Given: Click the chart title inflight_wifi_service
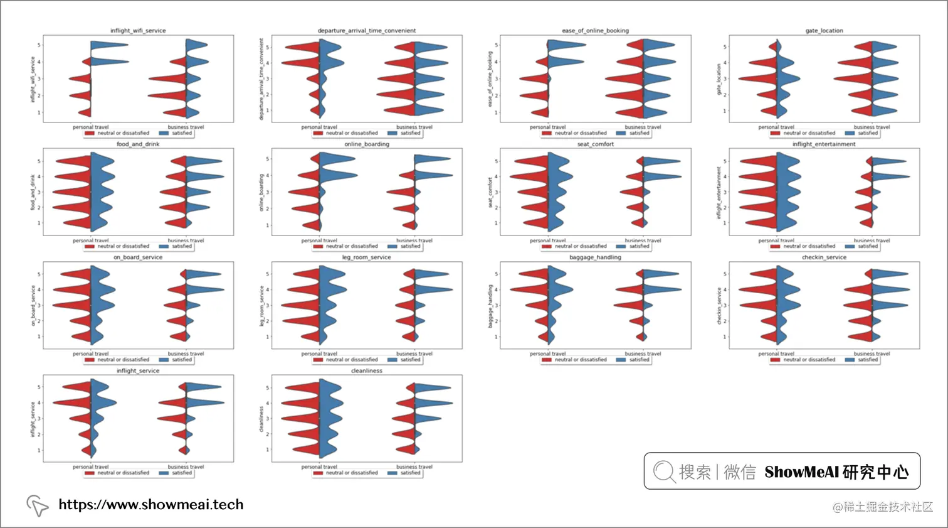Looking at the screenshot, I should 138,30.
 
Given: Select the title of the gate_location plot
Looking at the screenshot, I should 824,30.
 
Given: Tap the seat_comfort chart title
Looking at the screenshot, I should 595,144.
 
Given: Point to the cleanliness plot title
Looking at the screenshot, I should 367,370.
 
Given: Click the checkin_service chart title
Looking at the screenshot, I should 824,257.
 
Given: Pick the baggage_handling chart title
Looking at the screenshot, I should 595,257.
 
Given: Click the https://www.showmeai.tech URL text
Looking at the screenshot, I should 150,504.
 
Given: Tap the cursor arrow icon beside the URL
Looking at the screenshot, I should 37,505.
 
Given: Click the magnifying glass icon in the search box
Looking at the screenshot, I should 663,471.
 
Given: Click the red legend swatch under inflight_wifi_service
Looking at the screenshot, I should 90,133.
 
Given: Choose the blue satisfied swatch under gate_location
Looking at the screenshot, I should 850,133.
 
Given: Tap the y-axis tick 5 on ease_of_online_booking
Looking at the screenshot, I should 497,45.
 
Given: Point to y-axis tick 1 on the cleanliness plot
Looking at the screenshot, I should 268,450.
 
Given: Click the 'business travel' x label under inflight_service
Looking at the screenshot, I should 186,466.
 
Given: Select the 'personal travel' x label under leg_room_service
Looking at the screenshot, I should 319,353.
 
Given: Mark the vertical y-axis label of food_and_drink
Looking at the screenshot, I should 33,192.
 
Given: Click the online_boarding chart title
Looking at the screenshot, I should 367,144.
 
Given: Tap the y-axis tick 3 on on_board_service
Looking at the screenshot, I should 39,305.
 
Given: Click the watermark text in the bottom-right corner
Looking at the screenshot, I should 882,507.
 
